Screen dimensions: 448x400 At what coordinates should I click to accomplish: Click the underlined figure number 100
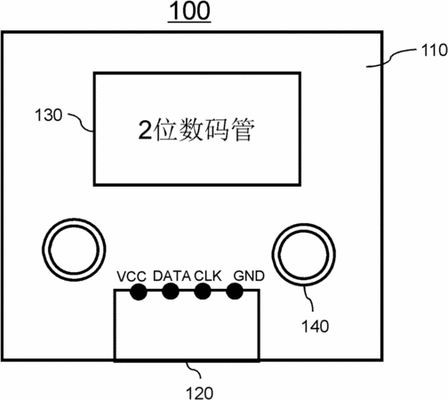point(189,12)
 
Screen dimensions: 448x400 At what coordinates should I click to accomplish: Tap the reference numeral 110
point(434,51)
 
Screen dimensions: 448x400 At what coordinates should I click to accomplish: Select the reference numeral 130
point(49,115)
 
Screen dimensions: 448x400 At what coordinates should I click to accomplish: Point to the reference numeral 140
point(316,326)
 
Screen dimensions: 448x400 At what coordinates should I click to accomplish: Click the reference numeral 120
point(199,393)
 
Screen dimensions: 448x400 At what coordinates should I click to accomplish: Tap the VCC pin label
point(132,276)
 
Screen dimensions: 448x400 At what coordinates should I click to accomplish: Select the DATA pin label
point(172,276)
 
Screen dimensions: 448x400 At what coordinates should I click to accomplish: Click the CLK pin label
point(208,276)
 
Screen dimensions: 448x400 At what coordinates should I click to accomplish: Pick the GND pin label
point(249,276)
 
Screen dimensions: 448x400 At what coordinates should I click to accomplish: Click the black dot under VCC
point(139,292)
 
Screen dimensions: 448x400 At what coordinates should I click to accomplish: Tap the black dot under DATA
point(171,292)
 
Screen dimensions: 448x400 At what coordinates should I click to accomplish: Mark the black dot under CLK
point(203,292)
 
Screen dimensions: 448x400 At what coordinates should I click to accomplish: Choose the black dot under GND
point(235,292)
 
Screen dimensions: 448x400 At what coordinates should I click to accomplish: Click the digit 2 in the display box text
point(146,131)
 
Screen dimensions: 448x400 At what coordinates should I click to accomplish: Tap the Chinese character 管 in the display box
point(243,130)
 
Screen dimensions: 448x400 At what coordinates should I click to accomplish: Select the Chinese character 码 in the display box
point(217,130)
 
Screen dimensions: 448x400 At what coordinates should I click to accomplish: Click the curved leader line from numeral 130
point(81,122)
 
